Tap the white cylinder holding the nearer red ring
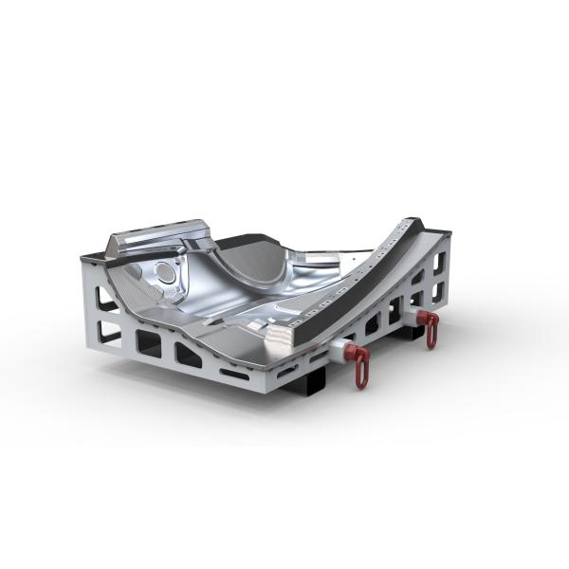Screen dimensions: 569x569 [x=342, y=352]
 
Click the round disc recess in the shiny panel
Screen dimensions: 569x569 [x=168, y=273]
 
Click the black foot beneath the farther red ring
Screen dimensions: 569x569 [x=414, y=331]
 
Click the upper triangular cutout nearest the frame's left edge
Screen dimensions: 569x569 [x=107, y=303]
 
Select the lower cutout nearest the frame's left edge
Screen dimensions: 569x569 [x=109, y=331]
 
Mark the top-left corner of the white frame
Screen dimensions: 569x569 [x=83, y=254]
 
